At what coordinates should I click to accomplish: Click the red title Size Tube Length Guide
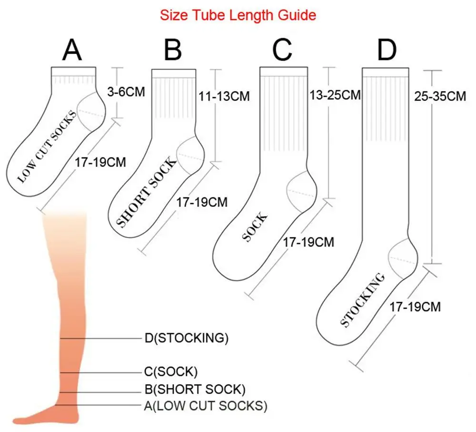[x=238, y=15]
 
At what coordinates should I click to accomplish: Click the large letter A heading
[x=72, y=50]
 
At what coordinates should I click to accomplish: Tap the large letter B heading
[x=172, y=50]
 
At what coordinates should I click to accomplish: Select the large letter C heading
[x=282, y=50]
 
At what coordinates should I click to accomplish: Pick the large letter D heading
[x=387, y=50]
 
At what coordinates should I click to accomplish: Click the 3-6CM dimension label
[x=126, y=92]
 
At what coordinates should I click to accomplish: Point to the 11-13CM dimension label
[x=224, y=97]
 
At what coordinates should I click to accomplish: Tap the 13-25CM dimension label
[x=335, y=95]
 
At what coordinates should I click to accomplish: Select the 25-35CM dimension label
[x=440, y=97]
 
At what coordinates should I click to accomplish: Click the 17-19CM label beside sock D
[x=415, y=307]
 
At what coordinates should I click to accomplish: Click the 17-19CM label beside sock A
[x=100, y=162]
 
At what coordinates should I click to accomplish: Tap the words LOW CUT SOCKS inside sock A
[x=47, y=147]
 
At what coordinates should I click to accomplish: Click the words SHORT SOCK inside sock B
[x=146, y=192]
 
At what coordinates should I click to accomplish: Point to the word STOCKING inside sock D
[x=362, y=300]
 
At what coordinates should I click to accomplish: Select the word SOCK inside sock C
[x=255, y=227]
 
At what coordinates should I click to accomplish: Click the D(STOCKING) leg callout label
[x=187, y=338]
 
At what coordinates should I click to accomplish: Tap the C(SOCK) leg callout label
[x=171, y=372]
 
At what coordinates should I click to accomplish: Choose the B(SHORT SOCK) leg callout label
[x=195, y=390]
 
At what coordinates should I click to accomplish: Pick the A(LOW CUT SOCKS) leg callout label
[x=206, y=406]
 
